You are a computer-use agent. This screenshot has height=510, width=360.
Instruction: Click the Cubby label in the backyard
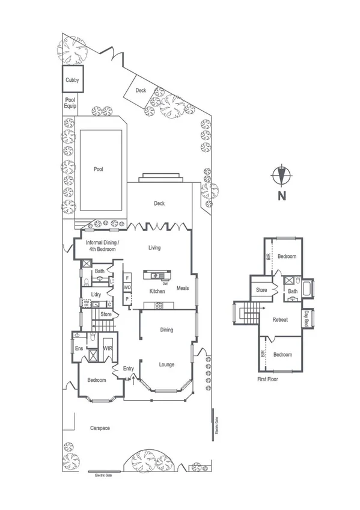coord(72,80)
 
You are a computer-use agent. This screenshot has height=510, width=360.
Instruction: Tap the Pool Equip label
coord(71,103)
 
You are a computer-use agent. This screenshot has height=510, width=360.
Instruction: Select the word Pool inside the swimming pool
coord(99,169)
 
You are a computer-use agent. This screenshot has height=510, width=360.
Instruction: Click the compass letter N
coord(281,195)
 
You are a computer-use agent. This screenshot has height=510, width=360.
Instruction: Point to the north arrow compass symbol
coord(281,175)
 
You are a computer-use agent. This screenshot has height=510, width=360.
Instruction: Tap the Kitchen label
coord(157,291)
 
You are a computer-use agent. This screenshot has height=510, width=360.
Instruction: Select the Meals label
coord(183,287)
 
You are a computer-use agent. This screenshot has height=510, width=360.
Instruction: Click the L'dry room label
coord(96,294)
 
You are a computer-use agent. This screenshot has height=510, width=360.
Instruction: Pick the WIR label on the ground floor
coord(108,348)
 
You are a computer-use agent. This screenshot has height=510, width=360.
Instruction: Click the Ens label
coord(79,348)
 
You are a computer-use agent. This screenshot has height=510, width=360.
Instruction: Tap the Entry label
coord(128,369)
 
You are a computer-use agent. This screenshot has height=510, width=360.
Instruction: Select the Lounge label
coord(166,364)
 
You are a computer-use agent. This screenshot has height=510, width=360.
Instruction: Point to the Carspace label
coord(100,428)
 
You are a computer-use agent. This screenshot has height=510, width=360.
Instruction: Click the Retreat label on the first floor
coord(281,319)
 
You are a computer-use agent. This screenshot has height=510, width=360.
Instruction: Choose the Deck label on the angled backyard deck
coord(141,91)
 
